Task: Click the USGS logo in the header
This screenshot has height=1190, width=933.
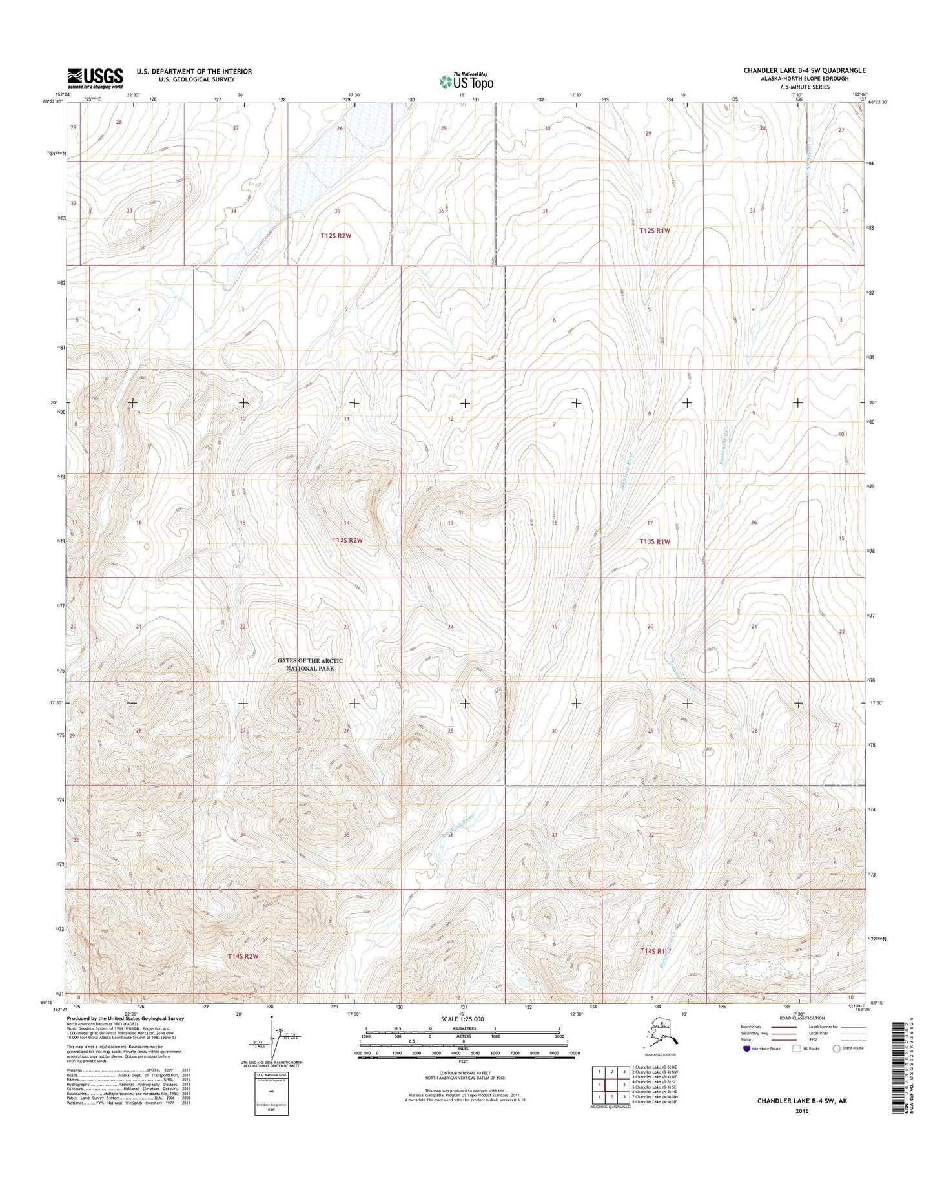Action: point(96,78)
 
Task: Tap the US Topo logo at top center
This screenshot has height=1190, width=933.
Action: point(466,81)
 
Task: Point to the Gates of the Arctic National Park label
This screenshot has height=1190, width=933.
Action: point(310,664)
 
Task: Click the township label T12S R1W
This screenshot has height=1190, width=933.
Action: point(655,230)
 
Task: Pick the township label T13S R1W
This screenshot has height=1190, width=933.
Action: point(655,542)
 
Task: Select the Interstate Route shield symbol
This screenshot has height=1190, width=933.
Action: point(747,1049)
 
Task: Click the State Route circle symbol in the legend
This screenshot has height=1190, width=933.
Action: point(838,1049)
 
